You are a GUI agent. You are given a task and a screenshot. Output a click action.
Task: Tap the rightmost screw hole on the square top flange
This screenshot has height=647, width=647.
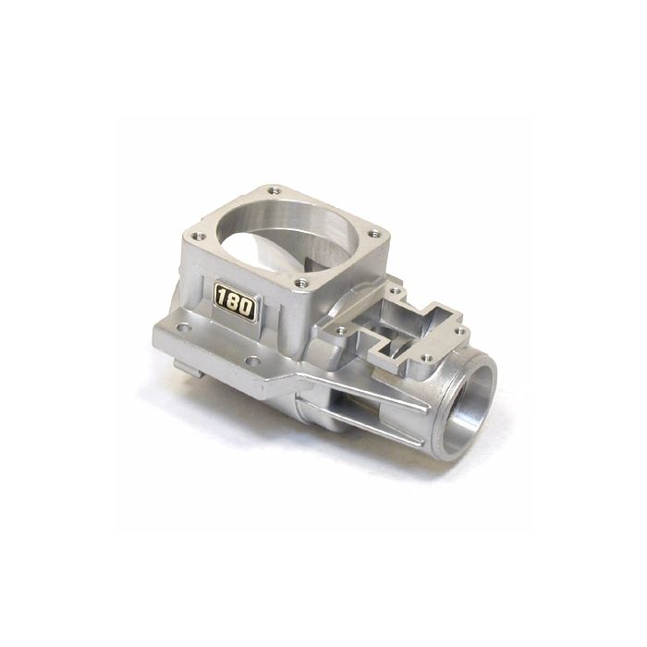(x=373, y=234)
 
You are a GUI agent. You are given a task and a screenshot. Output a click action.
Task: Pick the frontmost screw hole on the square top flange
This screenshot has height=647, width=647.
(x=302, y=282)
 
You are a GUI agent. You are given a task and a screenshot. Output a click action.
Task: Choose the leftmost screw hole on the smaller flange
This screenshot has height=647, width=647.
(x=341, y=330)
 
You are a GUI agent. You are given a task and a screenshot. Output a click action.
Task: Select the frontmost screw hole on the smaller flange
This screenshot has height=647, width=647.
(x=425, y=358)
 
